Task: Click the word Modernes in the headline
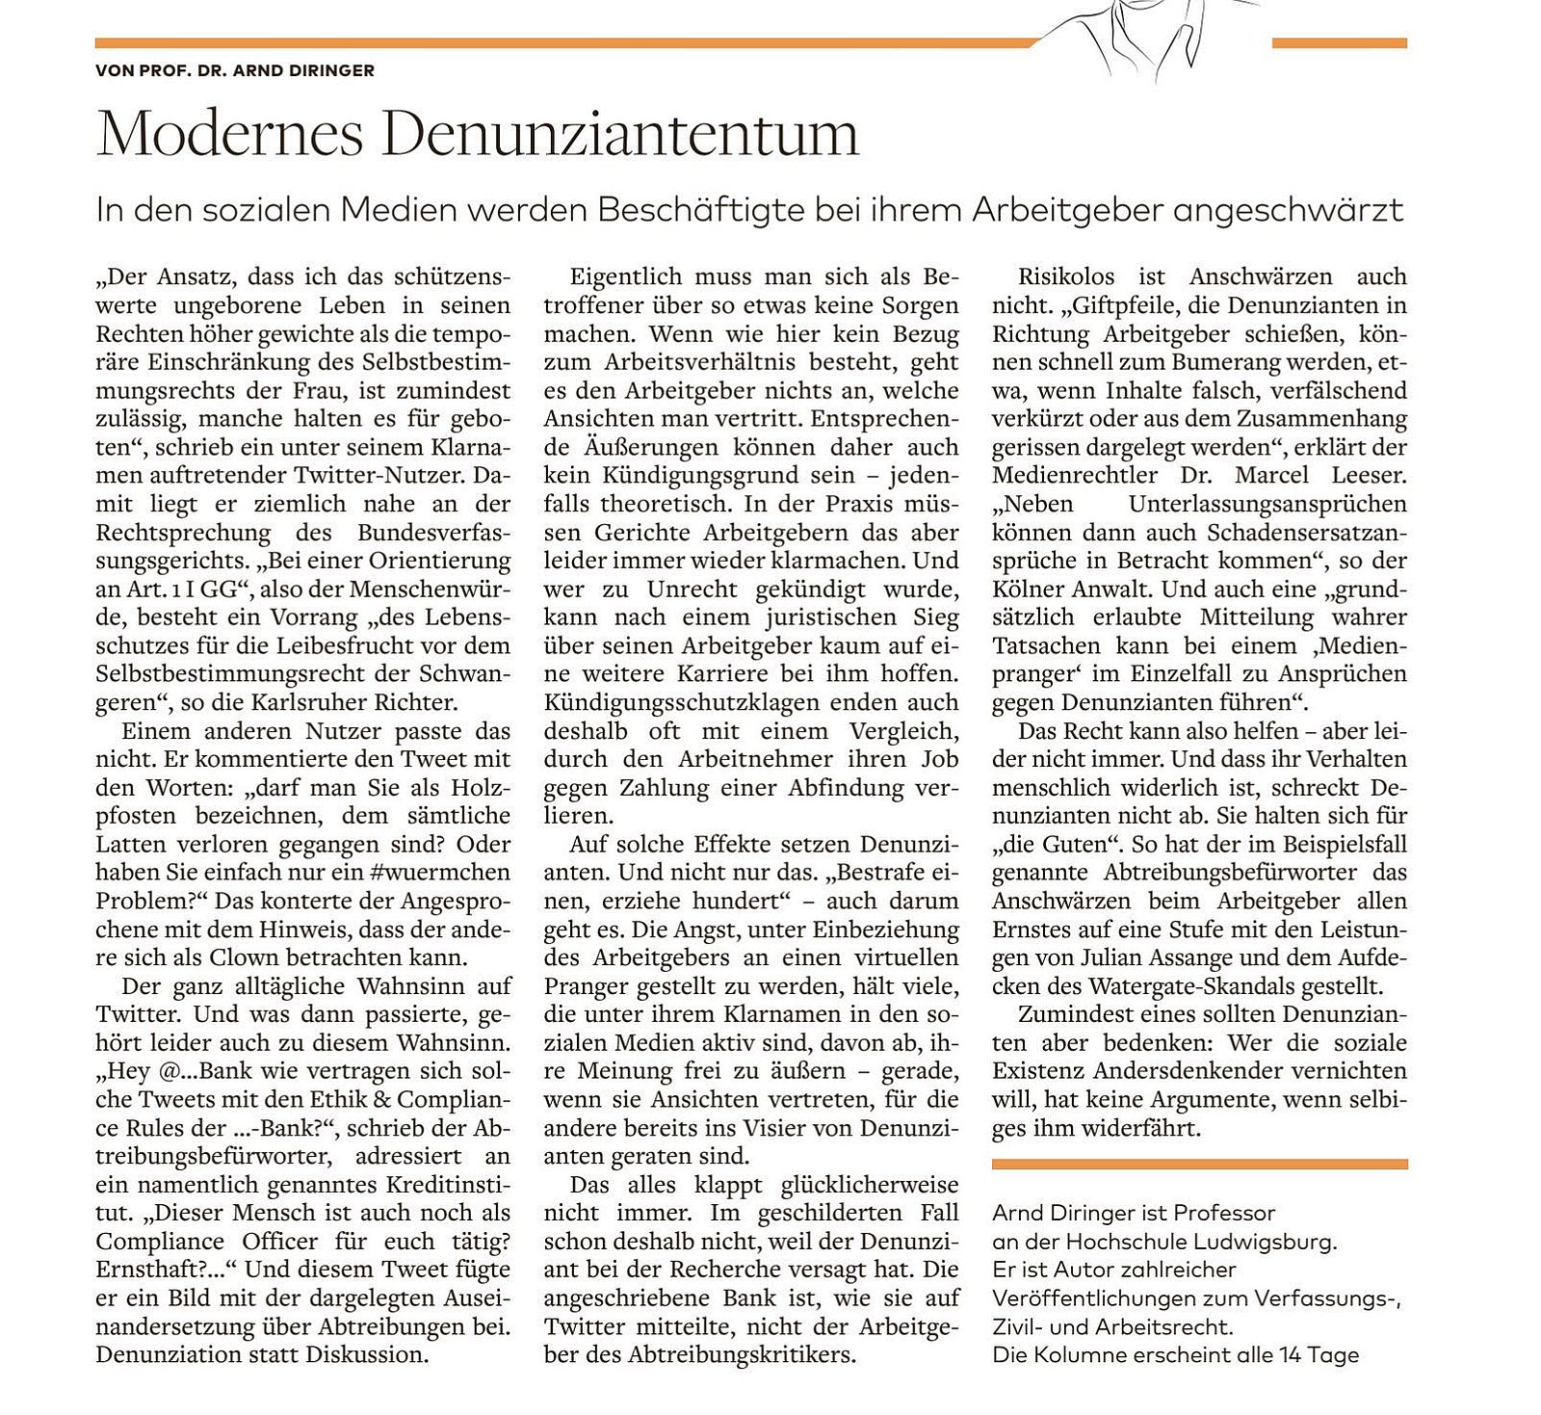(x=229, y=134)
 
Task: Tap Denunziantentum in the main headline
(x=619, y=134)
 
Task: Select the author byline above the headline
(x=235, y=70)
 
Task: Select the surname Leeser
(x=1368, y=476)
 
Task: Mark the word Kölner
(x=1025, y=590)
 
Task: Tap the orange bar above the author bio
(x=1199, y=1165)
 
